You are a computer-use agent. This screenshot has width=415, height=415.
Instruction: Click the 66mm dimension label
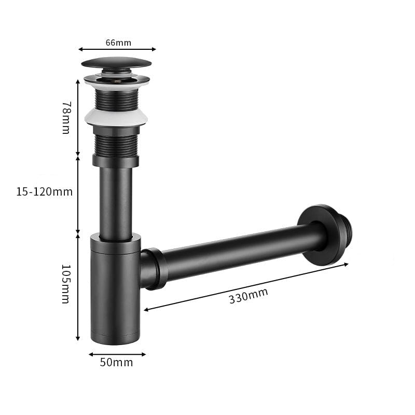point(118,43)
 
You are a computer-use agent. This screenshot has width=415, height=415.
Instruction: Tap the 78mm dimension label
point(66,117)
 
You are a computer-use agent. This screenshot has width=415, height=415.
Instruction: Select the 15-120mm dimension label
point(44,192)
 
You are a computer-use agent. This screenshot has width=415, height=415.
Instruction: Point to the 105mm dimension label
point(66,284)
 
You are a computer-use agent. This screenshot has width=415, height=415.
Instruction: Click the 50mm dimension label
point(116,362)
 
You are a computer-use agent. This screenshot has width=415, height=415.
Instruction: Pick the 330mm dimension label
point(248,296)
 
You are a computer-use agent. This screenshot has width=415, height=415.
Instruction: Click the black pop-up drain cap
point(116,64)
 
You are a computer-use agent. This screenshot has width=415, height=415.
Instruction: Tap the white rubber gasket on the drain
point(116,117)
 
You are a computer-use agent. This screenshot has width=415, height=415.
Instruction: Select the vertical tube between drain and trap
point(115,202)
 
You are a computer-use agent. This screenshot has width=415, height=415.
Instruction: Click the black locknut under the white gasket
point(116,160)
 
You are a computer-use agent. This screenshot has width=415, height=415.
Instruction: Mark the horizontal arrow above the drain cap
point(117,49)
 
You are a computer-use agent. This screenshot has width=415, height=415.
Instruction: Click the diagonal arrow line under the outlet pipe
point(246,287)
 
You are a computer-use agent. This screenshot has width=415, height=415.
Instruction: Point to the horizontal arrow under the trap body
point(117,354)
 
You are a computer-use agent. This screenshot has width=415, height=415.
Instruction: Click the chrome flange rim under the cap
point(116,81)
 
